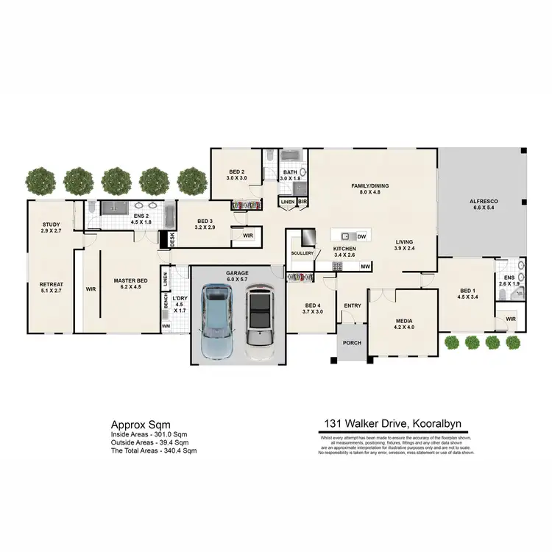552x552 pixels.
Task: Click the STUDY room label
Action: pyautogui.click(x=51, y=225)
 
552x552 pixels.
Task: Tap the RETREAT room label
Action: pyautogui.click(x=52, y=284)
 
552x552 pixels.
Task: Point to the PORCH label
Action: pyautogui.click(x=351, y=342)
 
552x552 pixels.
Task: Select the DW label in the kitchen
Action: pyautogui.click(x=361, y=236)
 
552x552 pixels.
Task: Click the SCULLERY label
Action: pyautogui.click(x=302, y=253)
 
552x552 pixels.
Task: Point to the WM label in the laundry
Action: pyautogui.click(x=166, y=325)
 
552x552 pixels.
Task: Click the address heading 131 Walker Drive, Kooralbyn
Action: pyautogui.click(x=394, y=424)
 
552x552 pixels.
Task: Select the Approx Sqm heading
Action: pyautogui.click(x=141, y=425)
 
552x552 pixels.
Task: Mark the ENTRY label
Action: pyautogui.click(x=353, y=305)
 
